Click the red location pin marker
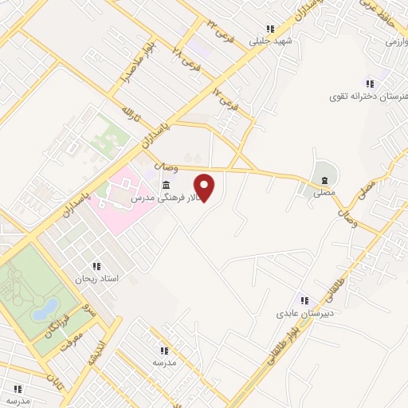[x=205, y=188]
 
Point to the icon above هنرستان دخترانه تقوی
[x=370, y=84]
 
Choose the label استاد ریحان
[x=96, y=279]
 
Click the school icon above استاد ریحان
[x=96, y=266]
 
